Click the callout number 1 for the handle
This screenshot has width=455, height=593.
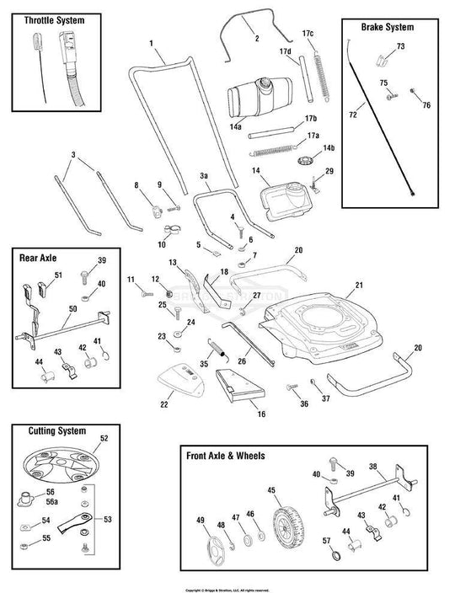pos(151,43)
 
